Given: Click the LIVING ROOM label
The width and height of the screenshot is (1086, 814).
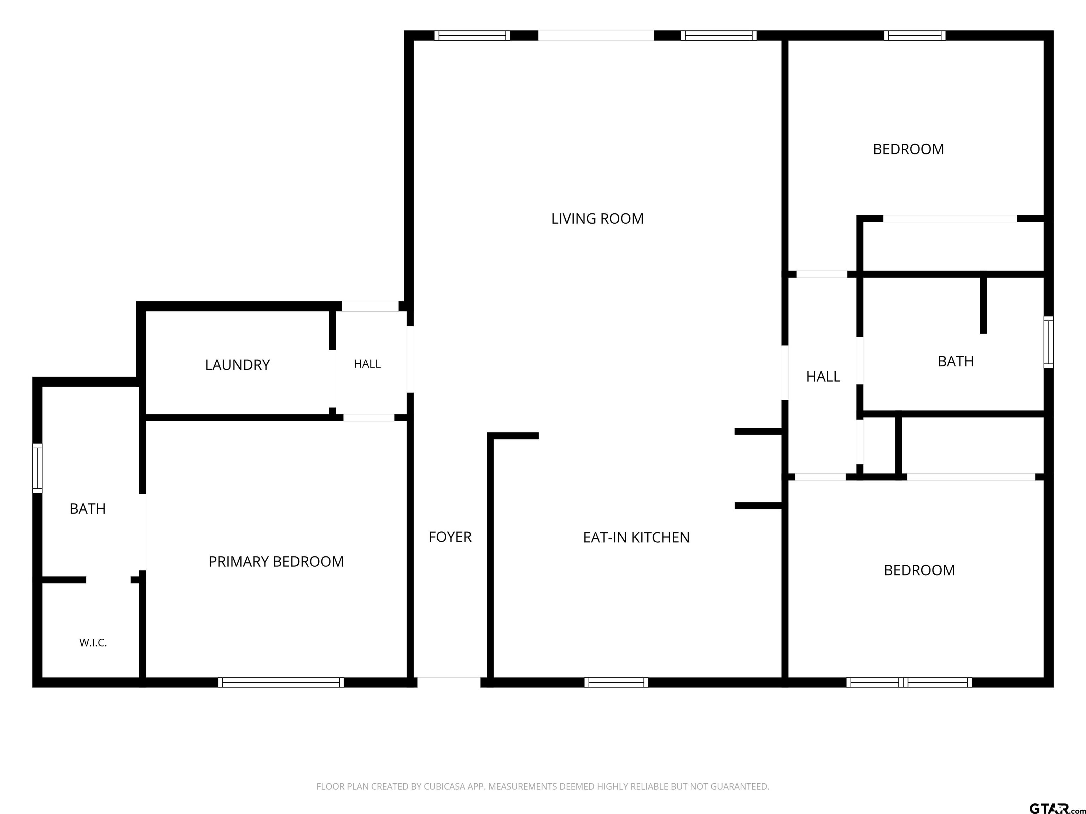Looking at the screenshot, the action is [597, 219].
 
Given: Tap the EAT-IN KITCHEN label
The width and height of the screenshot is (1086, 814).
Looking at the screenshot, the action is [636, 538].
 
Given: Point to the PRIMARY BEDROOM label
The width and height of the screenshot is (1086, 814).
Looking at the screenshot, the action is [276, 562].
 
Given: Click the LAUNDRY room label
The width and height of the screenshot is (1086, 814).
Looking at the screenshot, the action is [237, 365].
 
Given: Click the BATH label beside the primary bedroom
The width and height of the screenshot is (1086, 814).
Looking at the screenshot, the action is [87, 509].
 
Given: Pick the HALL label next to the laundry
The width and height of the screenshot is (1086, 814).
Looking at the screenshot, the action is [367, 364].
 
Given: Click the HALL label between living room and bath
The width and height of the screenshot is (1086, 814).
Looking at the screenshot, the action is [823, 377].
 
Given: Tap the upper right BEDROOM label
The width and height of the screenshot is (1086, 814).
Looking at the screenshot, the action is [908, 149].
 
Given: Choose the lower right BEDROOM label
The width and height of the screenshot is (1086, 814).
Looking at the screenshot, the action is [919, 570].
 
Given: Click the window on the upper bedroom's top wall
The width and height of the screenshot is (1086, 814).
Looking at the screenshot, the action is [915, 35].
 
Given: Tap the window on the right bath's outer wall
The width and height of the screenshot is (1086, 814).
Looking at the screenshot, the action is [1048, 342].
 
